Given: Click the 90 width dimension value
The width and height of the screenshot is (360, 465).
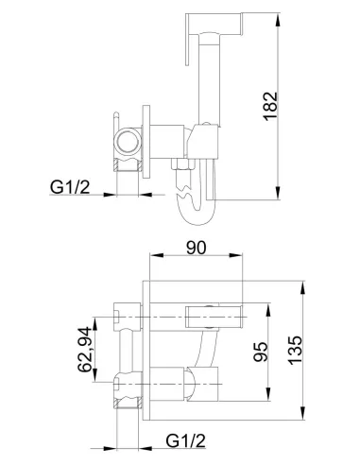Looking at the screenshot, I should (x=195, y=249).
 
